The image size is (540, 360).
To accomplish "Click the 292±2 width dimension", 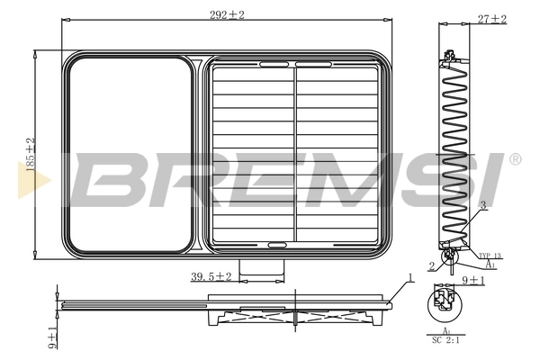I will click(228, 14).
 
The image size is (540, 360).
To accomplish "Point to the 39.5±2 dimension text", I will click(211, 276).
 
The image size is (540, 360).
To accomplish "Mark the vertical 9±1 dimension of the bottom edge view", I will click(53, 337).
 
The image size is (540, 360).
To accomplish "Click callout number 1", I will click(409, 279).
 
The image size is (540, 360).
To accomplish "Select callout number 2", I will click(432, 265).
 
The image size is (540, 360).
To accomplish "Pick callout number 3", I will click(483, 206).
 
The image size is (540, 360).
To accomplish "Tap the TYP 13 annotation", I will click(489, 256).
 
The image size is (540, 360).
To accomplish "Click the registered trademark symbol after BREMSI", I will click(515, 159).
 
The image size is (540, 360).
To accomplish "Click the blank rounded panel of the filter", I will click(130, 153).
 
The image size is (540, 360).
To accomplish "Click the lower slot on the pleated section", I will click(275, 243).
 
